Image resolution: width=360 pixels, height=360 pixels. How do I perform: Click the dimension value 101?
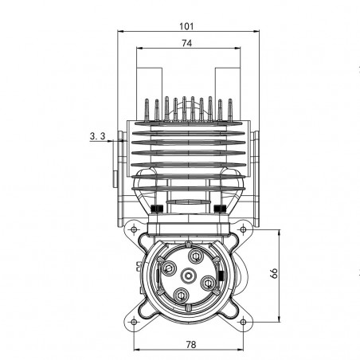(186, 26)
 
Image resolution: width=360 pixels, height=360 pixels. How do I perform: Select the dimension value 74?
(187, 43)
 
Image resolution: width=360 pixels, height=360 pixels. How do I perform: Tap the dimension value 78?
(191, 345)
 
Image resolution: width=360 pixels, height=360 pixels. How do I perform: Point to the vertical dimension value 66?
(274, 273)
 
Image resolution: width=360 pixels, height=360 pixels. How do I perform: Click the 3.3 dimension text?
(97, 136)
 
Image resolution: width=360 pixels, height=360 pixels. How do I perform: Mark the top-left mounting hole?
(134, 229)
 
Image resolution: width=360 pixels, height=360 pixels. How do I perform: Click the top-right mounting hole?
(243, 229)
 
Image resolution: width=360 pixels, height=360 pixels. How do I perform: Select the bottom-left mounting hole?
(134, 322)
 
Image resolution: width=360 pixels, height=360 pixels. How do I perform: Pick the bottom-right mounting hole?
(243, 322)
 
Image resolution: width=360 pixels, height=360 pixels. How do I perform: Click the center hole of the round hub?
(188, 276)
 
